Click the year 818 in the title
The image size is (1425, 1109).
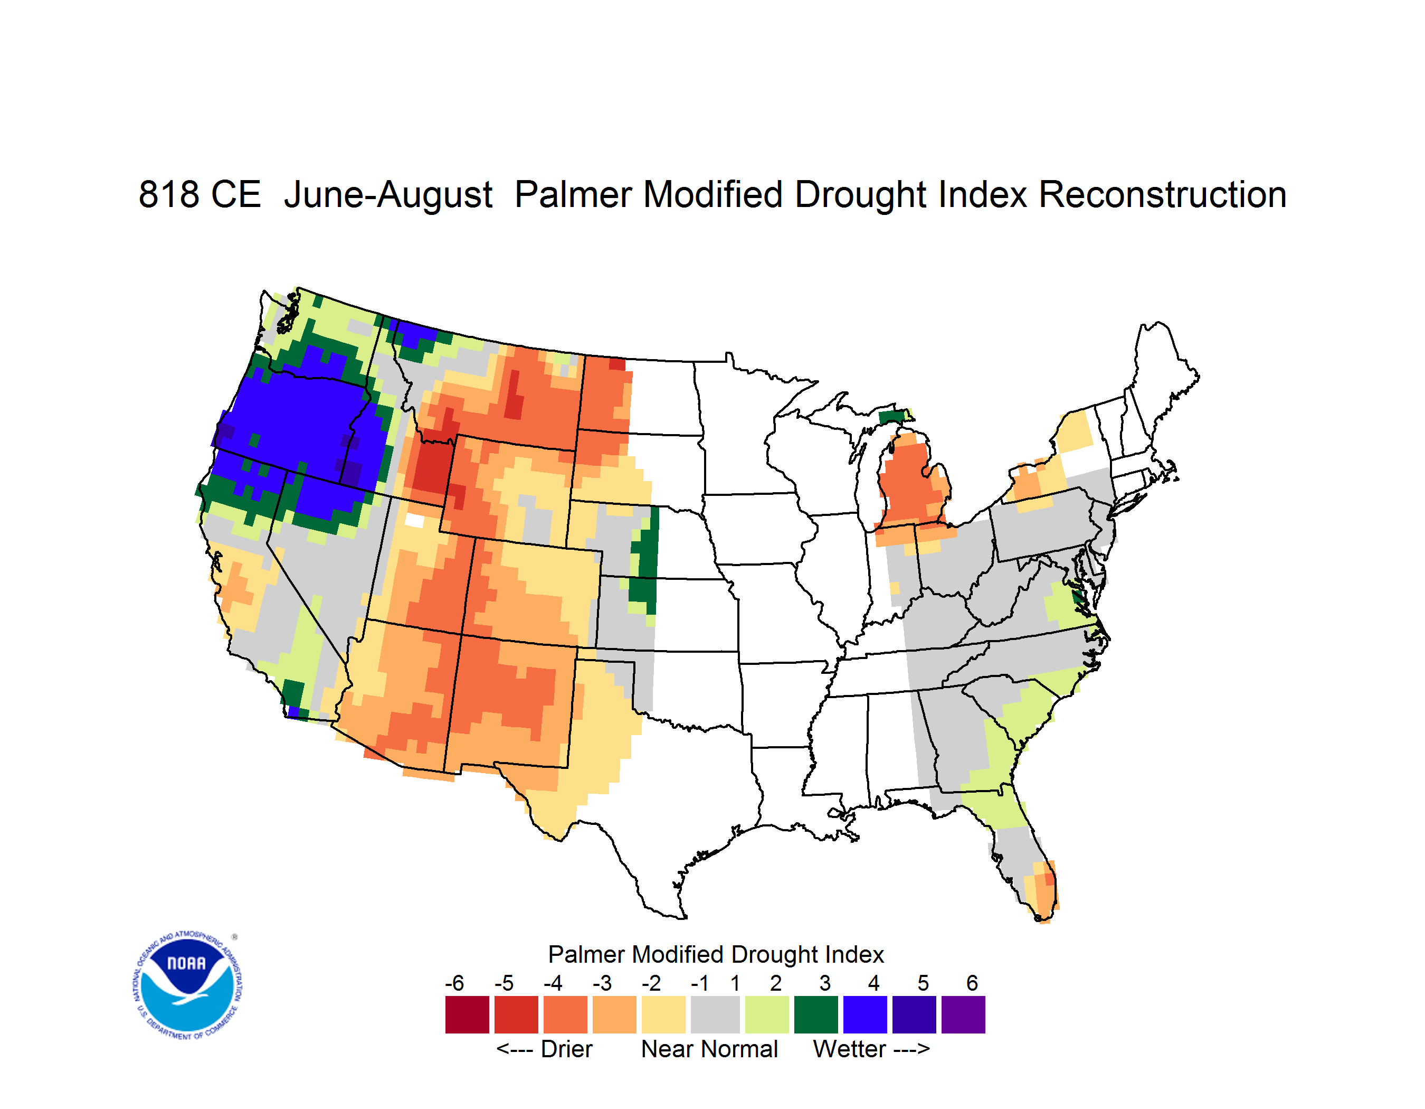pos(169,194)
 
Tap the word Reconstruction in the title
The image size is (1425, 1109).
pos(1162,194)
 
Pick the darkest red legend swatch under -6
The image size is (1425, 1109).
pos(467,1014)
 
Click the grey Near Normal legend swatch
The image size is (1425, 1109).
pos(715,1014)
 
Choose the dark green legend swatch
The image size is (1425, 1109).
pos(815,1014)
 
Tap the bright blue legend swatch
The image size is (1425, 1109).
pos(865,1014)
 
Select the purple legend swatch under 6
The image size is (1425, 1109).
pos(963,1014)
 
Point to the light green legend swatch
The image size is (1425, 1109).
pos(767,1014)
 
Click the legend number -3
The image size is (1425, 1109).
pos(602,983)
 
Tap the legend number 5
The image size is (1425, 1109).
pos(923,983)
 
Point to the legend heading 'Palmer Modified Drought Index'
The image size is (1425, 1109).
pos(716,954)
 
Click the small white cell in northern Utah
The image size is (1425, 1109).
pos(414,520)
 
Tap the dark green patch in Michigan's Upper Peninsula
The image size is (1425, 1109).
pos(892,417)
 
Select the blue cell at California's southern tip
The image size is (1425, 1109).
pos(293,711)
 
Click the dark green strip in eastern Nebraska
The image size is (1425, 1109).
pos(646,561)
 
